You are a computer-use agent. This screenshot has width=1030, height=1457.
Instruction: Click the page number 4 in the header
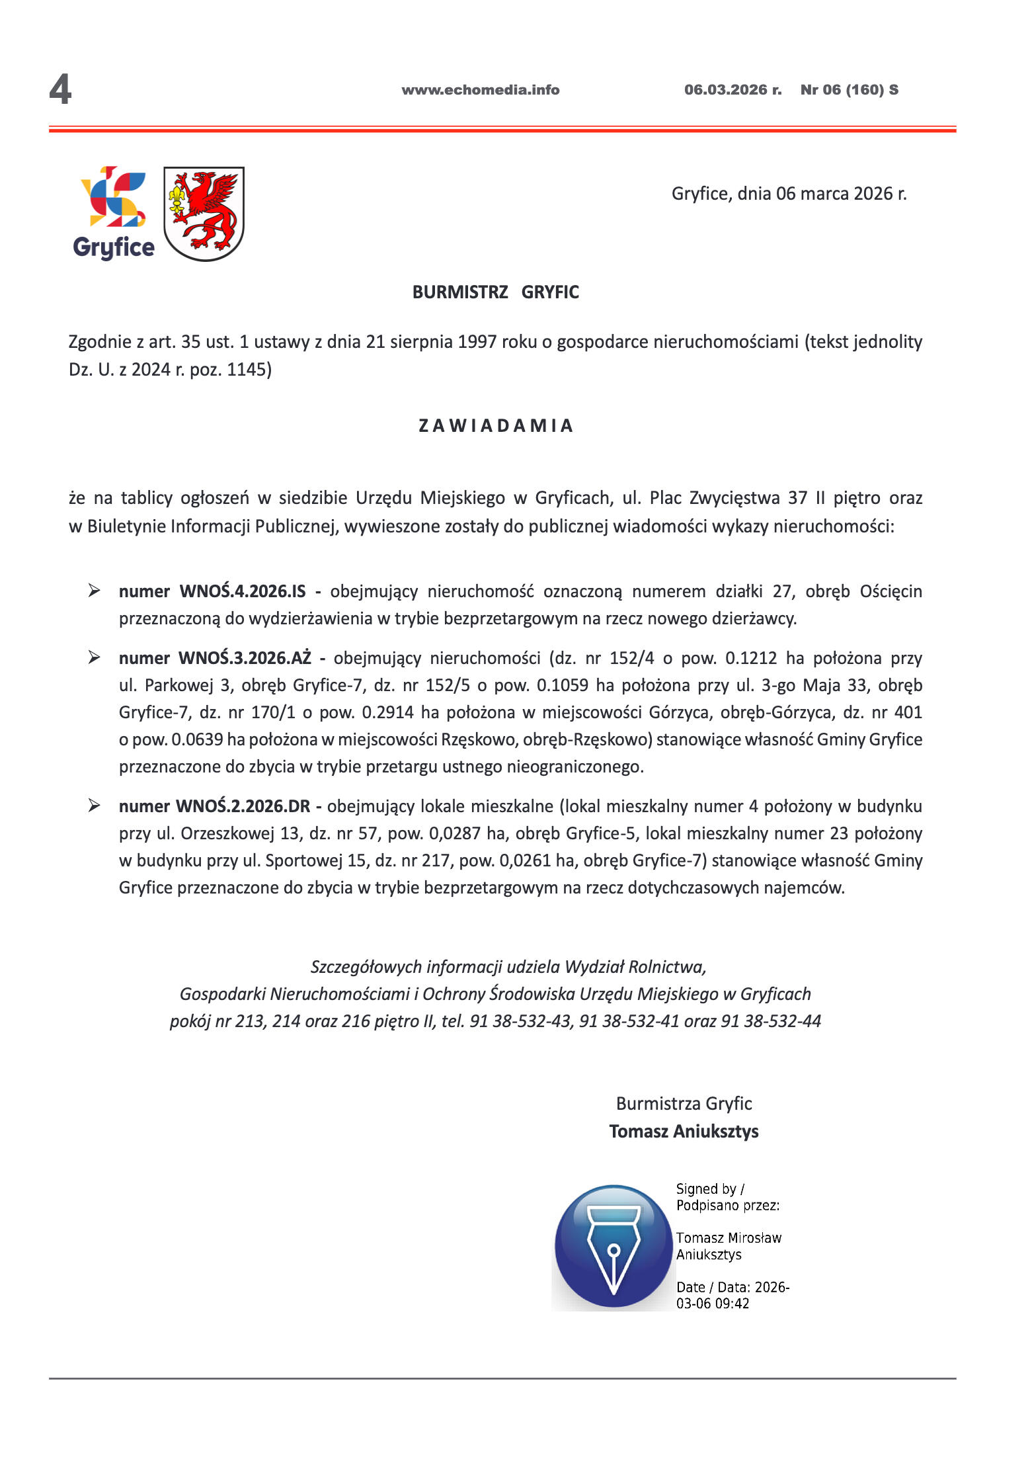pyautogui.click(x=60, y=90)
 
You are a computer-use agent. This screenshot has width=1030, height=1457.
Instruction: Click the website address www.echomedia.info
pyautogui.click(x=480, y=90)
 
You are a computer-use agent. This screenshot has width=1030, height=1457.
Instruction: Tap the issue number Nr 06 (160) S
pyautogui.click(x=849, y=90)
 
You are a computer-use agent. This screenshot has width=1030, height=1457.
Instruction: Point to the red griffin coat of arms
pyautogui.click(x=204, y=213)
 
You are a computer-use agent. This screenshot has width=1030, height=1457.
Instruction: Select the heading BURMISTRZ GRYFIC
pyautogui.click(x=495, y=292)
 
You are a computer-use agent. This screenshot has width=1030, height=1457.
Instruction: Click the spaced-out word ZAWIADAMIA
pyautogui.click(x=495, y=425)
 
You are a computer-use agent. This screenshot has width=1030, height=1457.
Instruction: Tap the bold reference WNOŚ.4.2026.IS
pyautogui.click(x=243, y=591)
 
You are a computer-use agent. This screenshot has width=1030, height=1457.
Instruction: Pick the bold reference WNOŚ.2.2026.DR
pyautogui.click(x=243, y=806)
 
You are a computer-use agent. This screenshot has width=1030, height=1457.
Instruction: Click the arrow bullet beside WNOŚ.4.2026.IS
pyautogui.click(x=95, y=591)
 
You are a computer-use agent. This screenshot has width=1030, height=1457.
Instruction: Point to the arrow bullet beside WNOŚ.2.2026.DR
pyautogui.click(x=95, y=806)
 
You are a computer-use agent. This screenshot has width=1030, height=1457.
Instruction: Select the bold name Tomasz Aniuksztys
pyautogui.click(x=684, y=1132)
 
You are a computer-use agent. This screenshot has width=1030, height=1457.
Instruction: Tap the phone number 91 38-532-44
pyautogui.click(x=771, y=1021)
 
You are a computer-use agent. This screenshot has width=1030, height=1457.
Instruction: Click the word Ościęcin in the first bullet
pyautogui.click(x=891, y=591)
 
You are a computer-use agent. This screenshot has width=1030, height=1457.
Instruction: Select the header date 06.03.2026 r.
pyautogui.click(x=733, y=90)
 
